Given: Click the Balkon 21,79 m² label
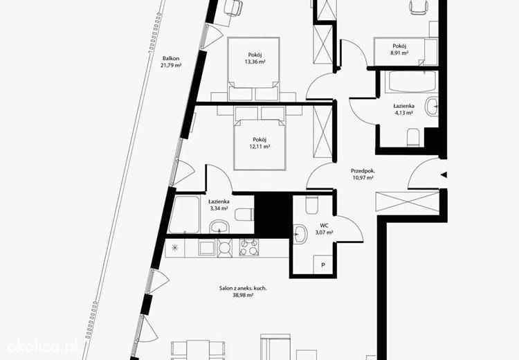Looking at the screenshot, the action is pos(171,62).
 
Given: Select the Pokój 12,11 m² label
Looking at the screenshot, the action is pos(259,143).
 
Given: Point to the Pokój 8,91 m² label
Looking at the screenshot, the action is pos(399,49).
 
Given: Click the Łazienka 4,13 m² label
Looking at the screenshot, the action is pos(403,109).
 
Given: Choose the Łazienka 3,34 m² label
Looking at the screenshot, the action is pos(219,205).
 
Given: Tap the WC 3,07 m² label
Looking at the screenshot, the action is pos(324,229).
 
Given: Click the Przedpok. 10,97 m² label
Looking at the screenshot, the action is pos(363,174).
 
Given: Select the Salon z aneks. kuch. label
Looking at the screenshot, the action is pos(243,288).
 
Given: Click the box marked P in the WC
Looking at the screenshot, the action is pos(323,264).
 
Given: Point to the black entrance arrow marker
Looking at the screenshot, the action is pos(444,174).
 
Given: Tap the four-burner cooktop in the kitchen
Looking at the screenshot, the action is pos(249,247).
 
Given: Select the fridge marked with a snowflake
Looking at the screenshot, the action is pos(175,248).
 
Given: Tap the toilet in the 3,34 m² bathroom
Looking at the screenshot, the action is pos(244,215).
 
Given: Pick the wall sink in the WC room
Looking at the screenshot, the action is pos(300,234).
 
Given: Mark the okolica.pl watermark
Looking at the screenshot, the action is pos(42,347).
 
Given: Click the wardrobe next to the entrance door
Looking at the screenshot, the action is pos(408,201).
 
